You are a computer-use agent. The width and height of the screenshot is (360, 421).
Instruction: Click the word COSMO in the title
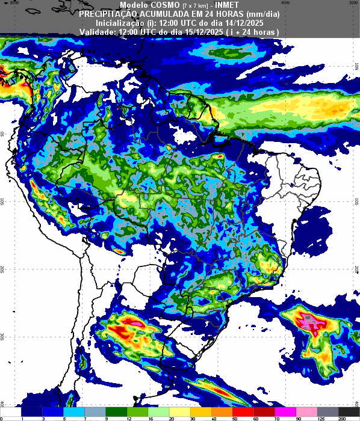click(163, 5)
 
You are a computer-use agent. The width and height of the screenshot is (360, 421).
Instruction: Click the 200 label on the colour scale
click(342, 418)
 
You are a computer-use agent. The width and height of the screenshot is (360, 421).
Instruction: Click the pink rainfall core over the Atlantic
click(311, 323)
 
